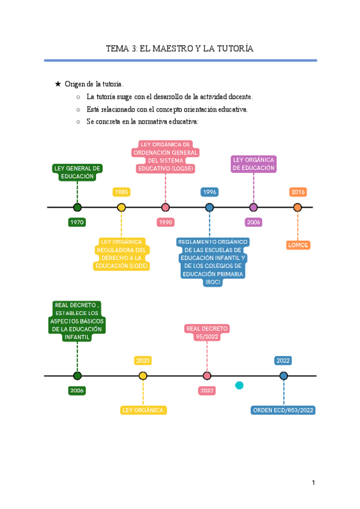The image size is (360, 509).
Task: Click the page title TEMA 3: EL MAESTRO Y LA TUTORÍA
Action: tap(179, 48)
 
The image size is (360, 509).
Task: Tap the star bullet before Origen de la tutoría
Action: tap(58, 84)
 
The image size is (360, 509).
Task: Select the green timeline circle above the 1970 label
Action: tap(77, 208)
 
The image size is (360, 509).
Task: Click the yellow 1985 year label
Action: tap(121, 192)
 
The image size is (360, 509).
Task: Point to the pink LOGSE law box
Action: tap(165, 157)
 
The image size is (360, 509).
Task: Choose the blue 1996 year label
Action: tap(209, 192)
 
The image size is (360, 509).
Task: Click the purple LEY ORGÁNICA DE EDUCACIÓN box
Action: tap(253, 164)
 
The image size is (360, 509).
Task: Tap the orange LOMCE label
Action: tap(298, 245)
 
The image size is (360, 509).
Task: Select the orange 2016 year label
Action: tap(298, 192)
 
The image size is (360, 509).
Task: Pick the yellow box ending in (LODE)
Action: tap(122, 254)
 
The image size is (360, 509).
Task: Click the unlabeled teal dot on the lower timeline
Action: tap(239, 385)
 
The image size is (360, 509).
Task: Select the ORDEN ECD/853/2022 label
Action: tap(283, 411)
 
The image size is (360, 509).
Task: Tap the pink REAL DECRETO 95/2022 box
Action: tap(207, 333)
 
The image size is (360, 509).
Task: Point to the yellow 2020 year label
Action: tap(143, 361)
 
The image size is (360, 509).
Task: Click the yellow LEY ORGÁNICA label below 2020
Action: tap(143, 411)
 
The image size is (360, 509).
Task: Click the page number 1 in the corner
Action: tap(313, 483)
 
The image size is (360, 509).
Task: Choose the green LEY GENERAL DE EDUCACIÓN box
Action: tap(77, 172)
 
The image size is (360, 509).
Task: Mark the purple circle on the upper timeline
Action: tap(253, 208)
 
